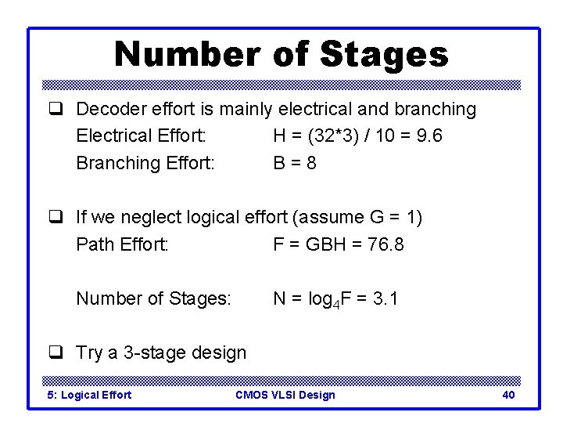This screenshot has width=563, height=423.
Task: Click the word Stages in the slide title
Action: click(384, 55)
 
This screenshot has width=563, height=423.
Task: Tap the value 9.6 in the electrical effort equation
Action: click(430, 136)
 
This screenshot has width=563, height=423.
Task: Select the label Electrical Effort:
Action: click(142, 136)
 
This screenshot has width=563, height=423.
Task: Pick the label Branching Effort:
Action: click(145, 163)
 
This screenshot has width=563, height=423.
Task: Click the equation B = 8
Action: click(295, 163)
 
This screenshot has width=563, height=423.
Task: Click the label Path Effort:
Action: click(122, 244)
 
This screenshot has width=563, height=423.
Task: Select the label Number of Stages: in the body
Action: click(153, 298)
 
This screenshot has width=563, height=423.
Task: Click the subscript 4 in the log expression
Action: click(336, 302)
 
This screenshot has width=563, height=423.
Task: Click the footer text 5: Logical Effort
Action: click(90, 395)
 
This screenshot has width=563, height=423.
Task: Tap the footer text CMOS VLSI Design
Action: click(285, 395)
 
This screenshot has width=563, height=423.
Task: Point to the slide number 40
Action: click(508, 395)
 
